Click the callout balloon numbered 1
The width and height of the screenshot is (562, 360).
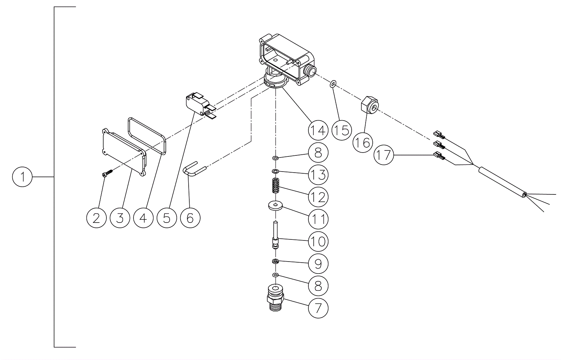(x=22, y=177)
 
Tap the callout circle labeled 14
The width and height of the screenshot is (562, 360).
(x=318, y=130)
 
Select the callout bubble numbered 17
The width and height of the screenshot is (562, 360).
(x=384, y=155)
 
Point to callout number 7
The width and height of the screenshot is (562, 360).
(x=318, y=308)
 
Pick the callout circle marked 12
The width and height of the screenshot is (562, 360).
(x=318, y=197)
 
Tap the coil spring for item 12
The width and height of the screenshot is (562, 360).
(x=275, y=186)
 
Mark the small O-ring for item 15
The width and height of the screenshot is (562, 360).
(x=333, y=84)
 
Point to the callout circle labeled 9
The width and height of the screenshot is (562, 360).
(x=318, y=264)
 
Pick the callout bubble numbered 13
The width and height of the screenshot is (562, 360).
(x=318, y=175)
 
